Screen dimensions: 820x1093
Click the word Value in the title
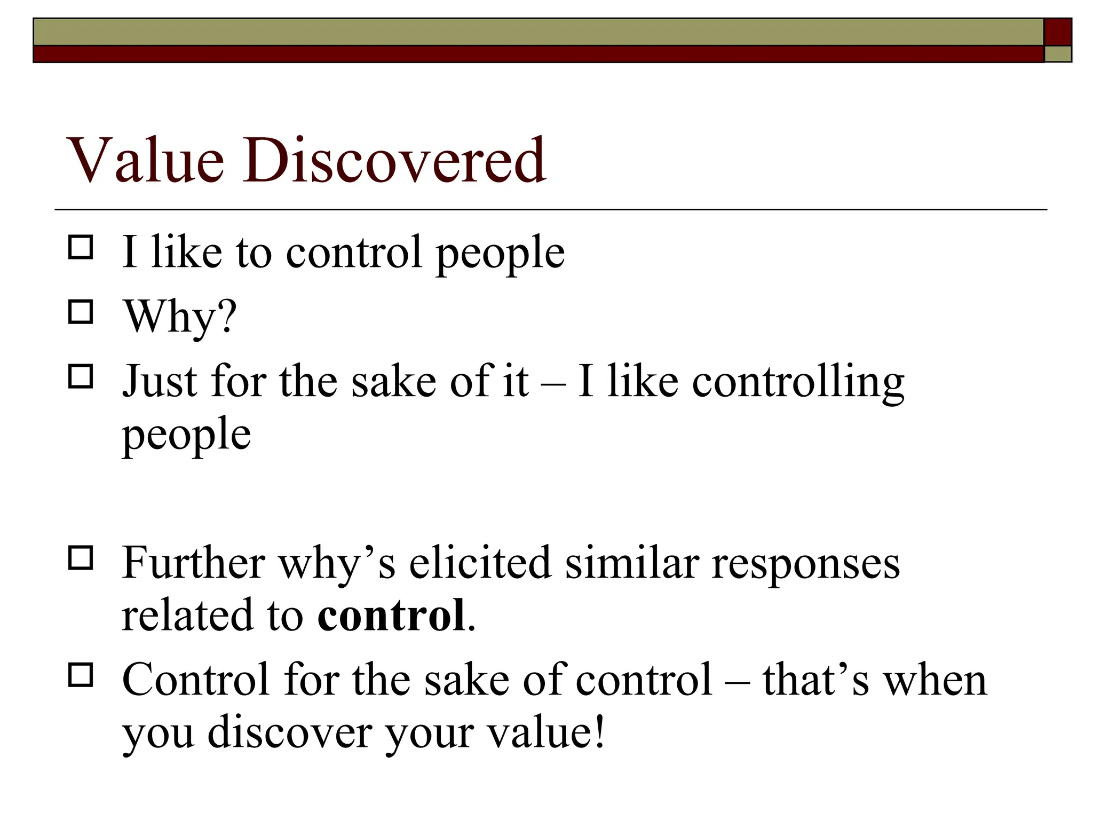tap(145, 160)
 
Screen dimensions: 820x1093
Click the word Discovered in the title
tap(394, 160)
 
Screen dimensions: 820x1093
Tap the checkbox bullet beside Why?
tap(81, 312)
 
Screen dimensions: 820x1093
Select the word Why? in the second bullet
tap(180, 317)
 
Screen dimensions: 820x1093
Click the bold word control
tap(391, 616)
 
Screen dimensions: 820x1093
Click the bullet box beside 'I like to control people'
tap(81, 248)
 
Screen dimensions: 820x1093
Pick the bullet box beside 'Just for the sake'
tap(81, 376)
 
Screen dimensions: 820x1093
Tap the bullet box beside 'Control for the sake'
tap(81, 675)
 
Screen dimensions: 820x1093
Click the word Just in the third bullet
tap(160, 382)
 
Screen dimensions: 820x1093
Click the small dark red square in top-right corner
tap(1058, 32)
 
